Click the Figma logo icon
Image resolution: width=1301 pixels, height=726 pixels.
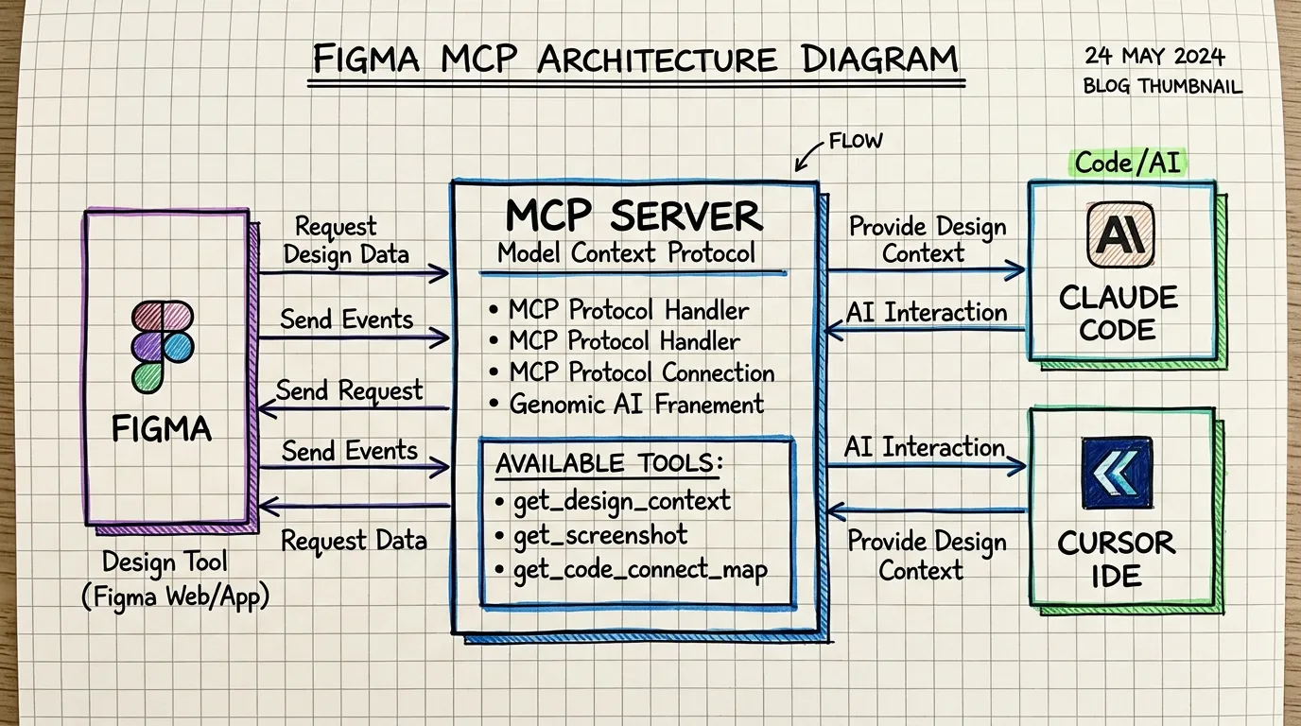pos(162,346)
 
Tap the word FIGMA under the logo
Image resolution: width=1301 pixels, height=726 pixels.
pos(162,429)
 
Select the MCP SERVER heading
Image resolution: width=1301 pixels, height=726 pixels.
pos(633,216)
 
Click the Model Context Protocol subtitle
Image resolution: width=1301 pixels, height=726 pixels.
pos(626,253)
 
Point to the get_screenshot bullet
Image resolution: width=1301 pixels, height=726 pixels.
pos(599,536)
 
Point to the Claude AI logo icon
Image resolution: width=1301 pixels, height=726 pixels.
pos(1120,234)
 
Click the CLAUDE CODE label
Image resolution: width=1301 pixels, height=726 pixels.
pos(1119,314)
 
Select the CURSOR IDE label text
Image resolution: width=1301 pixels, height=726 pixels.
pos(1117,559)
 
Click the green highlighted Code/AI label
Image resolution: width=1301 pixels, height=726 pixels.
pos(1128,163)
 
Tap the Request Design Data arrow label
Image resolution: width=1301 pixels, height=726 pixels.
pos(346,240)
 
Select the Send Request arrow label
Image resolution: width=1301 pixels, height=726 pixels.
pos(349,390)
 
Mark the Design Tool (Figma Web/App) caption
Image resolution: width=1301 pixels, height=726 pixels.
pos(176,579)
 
